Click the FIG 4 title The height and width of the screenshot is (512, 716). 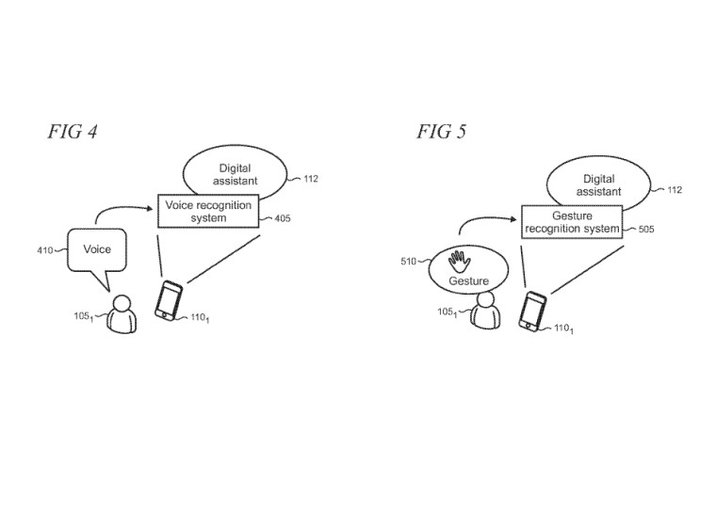(x=73, y=132)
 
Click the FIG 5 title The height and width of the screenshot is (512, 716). (x=442, y=132)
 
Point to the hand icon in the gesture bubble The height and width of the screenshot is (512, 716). (x=459, y=262)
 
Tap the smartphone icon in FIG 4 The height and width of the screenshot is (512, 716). (x=169, y=301)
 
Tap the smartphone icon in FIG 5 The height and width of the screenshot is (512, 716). (x=532, y=312)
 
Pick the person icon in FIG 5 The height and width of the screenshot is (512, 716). (x=485, y=311)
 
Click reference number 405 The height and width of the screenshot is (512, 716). (x=283, y=218)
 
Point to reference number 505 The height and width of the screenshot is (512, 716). (x=646, y=229)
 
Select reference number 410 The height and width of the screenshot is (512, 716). (x=45, y=250)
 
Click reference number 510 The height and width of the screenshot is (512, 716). (x=408, y=261)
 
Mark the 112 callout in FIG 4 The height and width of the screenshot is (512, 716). (x=311, y=179)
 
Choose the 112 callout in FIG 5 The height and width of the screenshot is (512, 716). (x=675, y=189)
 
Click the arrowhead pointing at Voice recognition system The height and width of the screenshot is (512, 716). (x=149, y=209)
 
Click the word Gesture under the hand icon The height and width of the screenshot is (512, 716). (x=468, y=280)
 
